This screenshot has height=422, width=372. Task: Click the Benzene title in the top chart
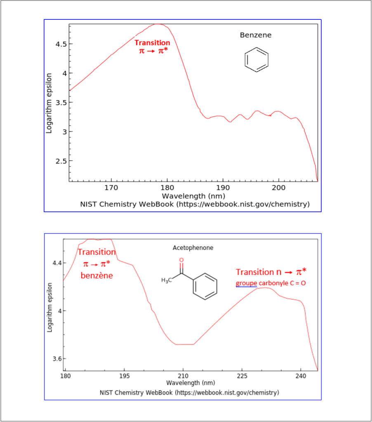coord(256,35)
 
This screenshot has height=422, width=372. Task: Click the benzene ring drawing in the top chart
coord(257,60)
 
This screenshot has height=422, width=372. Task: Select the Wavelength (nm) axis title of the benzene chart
coord(193,196)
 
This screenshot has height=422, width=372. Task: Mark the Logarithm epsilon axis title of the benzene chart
coord(49,103)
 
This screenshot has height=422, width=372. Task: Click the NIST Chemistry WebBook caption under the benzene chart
coord(195,204)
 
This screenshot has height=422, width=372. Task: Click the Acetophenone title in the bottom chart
coord(193,248)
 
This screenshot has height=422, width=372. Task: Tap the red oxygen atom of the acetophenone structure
coord(181,260)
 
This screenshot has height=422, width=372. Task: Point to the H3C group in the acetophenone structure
coord(166,281)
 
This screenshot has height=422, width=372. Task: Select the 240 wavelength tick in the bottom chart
coord(301,376)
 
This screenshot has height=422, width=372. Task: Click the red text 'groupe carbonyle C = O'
coord(271,284)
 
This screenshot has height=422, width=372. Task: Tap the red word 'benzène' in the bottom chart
coord(97,276)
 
